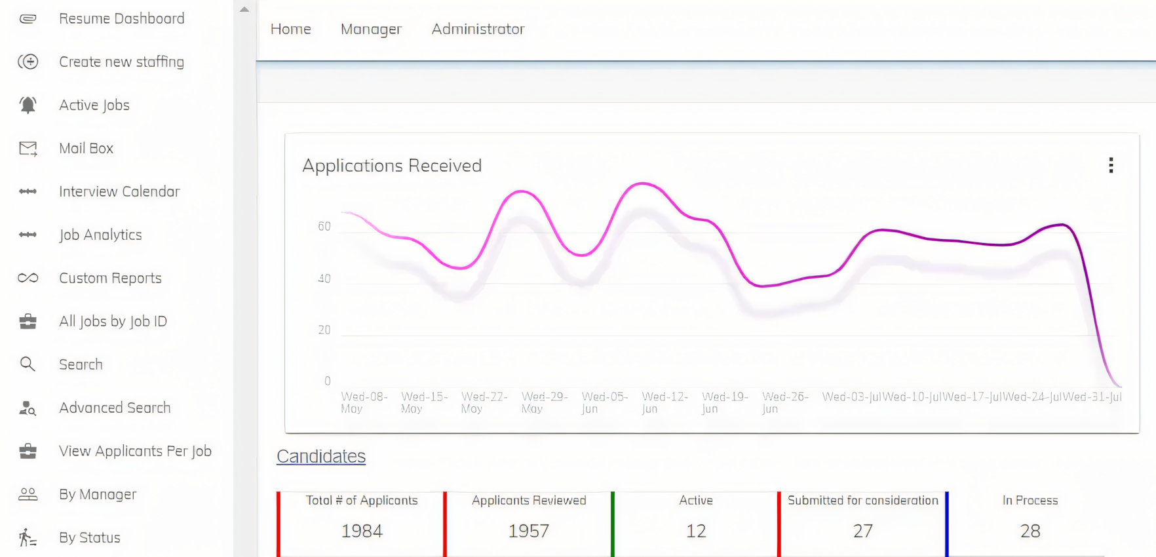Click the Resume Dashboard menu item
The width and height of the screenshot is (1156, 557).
tap(121, 18)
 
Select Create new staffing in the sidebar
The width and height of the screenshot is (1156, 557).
tap(121, 62)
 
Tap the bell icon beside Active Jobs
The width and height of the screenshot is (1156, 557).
tap(28, 105)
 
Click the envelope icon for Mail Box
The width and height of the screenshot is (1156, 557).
tap(28, 149)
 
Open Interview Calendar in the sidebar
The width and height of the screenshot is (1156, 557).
tap(119, 191)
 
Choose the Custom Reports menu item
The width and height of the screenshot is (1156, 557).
tap(110, 278)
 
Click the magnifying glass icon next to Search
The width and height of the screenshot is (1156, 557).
tap(28, 364)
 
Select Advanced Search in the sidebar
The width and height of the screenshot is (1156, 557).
tap(115, 408)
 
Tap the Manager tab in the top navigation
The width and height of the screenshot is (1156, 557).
tap(371, 29)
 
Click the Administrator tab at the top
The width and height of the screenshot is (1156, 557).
tap(478, 29)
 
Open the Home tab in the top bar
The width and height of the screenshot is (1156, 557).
tap(290, 29)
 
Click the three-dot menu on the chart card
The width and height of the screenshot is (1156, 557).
tap(1111, 165)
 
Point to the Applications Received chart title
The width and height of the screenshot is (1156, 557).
tap(392, 165)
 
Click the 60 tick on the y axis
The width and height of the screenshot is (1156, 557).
tap(324, 227)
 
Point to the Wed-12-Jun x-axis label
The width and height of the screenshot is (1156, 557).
tap(665, 402)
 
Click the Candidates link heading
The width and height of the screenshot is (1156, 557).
tap(321, 456)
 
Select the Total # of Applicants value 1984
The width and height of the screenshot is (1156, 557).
tap(362, 531)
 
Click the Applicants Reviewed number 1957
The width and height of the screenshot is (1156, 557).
tap(529, 531)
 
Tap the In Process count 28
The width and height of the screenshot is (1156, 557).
tap(1030, 531)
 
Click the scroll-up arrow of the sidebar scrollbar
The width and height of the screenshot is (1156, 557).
tap(244, 9)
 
